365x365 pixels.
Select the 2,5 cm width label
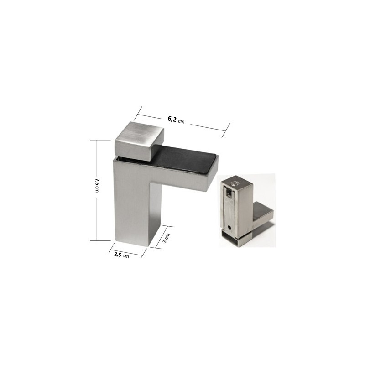click(121, 255)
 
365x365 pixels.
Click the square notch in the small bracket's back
click(228, 196)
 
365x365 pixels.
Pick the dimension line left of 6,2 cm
click(151, 115)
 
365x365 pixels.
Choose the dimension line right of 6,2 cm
click(208, 127)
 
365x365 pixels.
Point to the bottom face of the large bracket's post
click(132, 243)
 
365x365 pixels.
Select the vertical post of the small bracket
click(242, 205)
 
